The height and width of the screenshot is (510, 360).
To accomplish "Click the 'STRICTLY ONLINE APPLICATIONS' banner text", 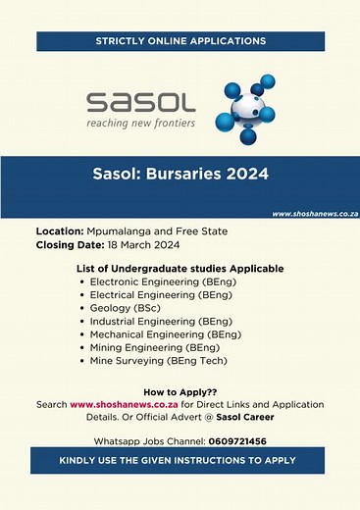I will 180,41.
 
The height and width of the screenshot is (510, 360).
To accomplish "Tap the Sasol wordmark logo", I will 141,102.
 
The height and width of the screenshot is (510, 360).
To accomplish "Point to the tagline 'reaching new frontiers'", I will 141,124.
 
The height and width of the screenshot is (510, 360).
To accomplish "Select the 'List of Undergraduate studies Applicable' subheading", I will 180,268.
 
